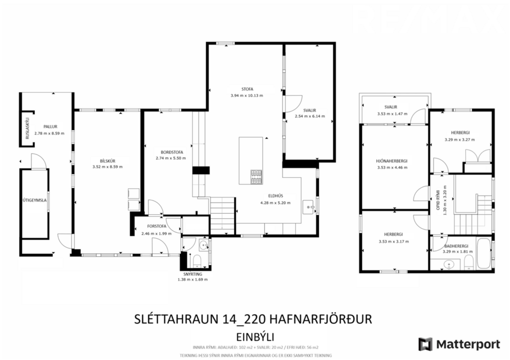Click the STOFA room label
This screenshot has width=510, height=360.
coord(246,88)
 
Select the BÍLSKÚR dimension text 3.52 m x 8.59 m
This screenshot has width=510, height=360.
coord(107,167)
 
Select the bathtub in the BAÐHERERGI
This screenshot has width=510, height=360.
coord(483,254)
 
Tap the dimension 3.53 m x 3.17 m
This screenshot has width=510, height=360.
coord(393,240)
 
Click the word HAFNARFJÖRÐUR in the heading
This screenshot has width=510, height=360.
coord(318,319)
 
